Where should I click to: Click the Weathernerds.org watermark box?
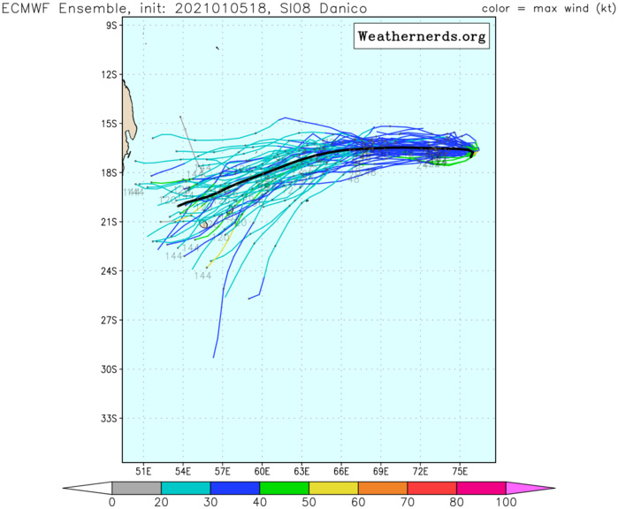[x=422, y=38]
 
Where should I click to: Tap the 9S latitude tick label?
[x=111, y=26]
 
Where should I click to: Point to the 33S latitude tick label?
[x=109, y=418]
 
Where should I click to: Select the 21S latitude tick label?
[x=109, y=222]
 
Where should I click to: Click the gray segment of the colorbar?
[x=136, y=487]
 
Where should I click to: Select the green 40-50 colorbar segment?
[x=284, y=487]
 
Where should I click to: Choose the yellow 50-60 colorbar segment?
[x=333, y=487]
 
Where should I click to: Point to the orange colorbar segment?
[x=383, y=487]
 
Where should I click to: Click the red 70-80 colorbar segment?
[x=431, y=487]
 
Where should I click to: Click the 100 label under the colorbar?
[x=506, y=503]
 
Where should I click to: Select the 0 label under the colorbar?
[x=112, y=503]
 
